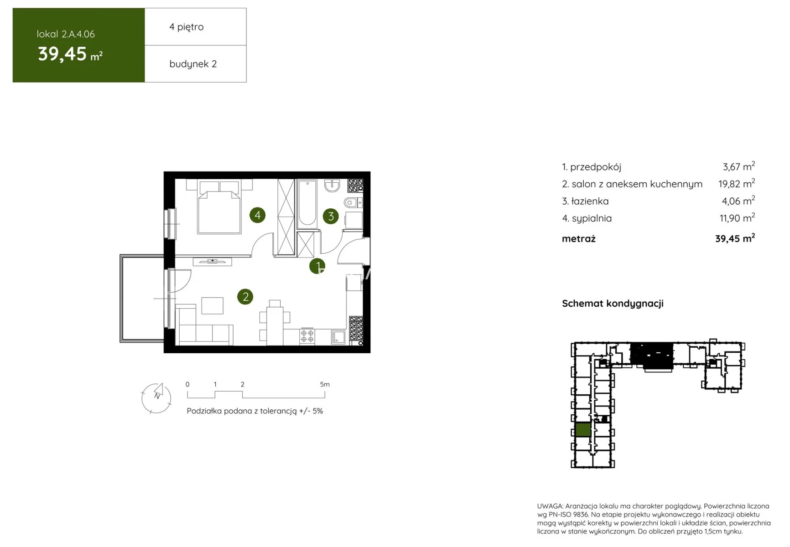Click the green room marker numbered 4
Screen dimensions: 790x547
point(258,215)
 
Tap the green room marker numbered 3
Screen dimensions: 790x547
point(331,216)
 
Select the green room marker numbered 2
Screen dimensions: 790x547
point(245,297)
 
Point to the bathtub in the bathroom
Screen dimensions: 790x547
point(307,204)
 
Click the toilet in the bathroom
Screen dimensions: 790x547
point(353,202)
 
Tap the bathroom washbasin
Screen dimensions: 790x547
point(332,186)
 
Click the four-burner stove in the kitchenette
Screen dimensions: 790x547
point(307,336)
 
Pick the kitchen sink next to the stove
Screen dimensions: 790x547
point(338,337)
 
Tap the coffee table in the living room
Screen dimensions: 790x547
point(213,305)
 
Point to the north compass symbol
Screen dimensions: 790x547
point(156,398)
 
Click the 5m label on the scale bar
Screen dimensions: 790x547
point(325,384)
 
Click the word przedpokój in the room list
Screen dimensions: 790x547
point(596,167)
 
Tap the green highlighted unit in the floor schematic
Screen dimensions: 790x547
point(583,430)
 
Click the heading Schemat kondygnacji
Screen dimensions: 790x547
point(613,304)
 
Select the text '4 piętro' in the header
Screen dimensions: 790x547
point(187,27)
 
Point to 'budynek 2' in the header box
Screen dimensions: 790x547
point(193,64)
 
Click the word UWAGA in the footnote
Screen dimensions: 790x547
point(551,506)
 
